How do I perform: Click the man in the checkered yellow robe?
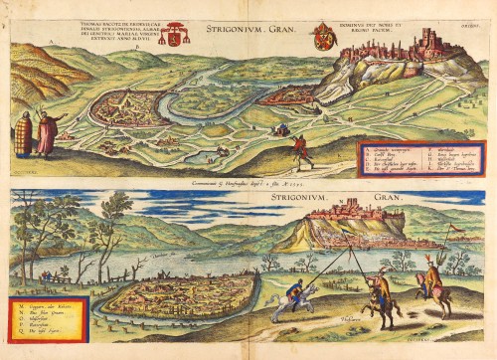[x=24, y=134]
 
